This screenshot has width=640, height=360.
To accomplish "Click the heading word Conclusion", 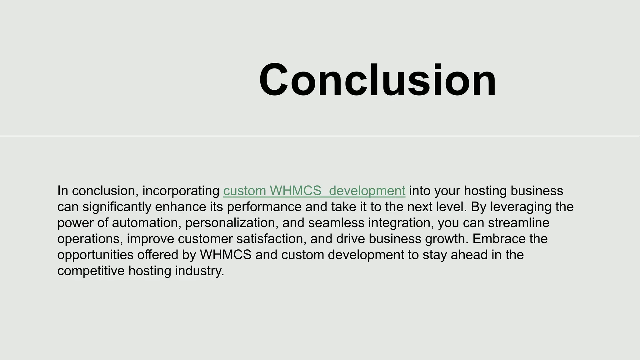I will (x=377, y=80).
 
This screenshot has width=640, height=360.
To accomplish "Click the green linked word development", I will (x=367, y=191).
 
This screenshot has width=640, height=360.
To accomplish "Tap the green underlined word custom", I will (x=245, y=191).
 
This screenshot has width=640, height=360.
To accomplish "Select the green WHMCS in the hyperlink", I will (x=295, y=191).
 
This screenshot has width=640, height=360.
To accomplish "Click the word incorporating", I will (x=181, y=191).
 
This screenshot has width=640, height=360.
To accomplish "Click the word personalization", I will (x=232, y=223).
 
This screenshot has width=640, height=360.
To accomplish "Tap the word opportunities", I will (x=95, y=255).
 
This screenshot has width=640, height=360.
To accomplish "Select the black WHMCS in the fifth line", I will (x=226, y=255).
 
